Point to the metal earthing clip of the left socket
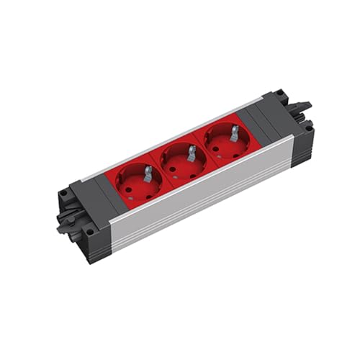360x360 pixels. pos(147,174)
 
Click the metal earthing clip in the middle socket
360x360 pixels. pos(191,153)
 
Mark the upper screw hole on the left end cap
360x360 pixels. pos(64,193)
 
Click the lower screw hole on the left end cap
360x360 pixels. pos(89,232)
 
